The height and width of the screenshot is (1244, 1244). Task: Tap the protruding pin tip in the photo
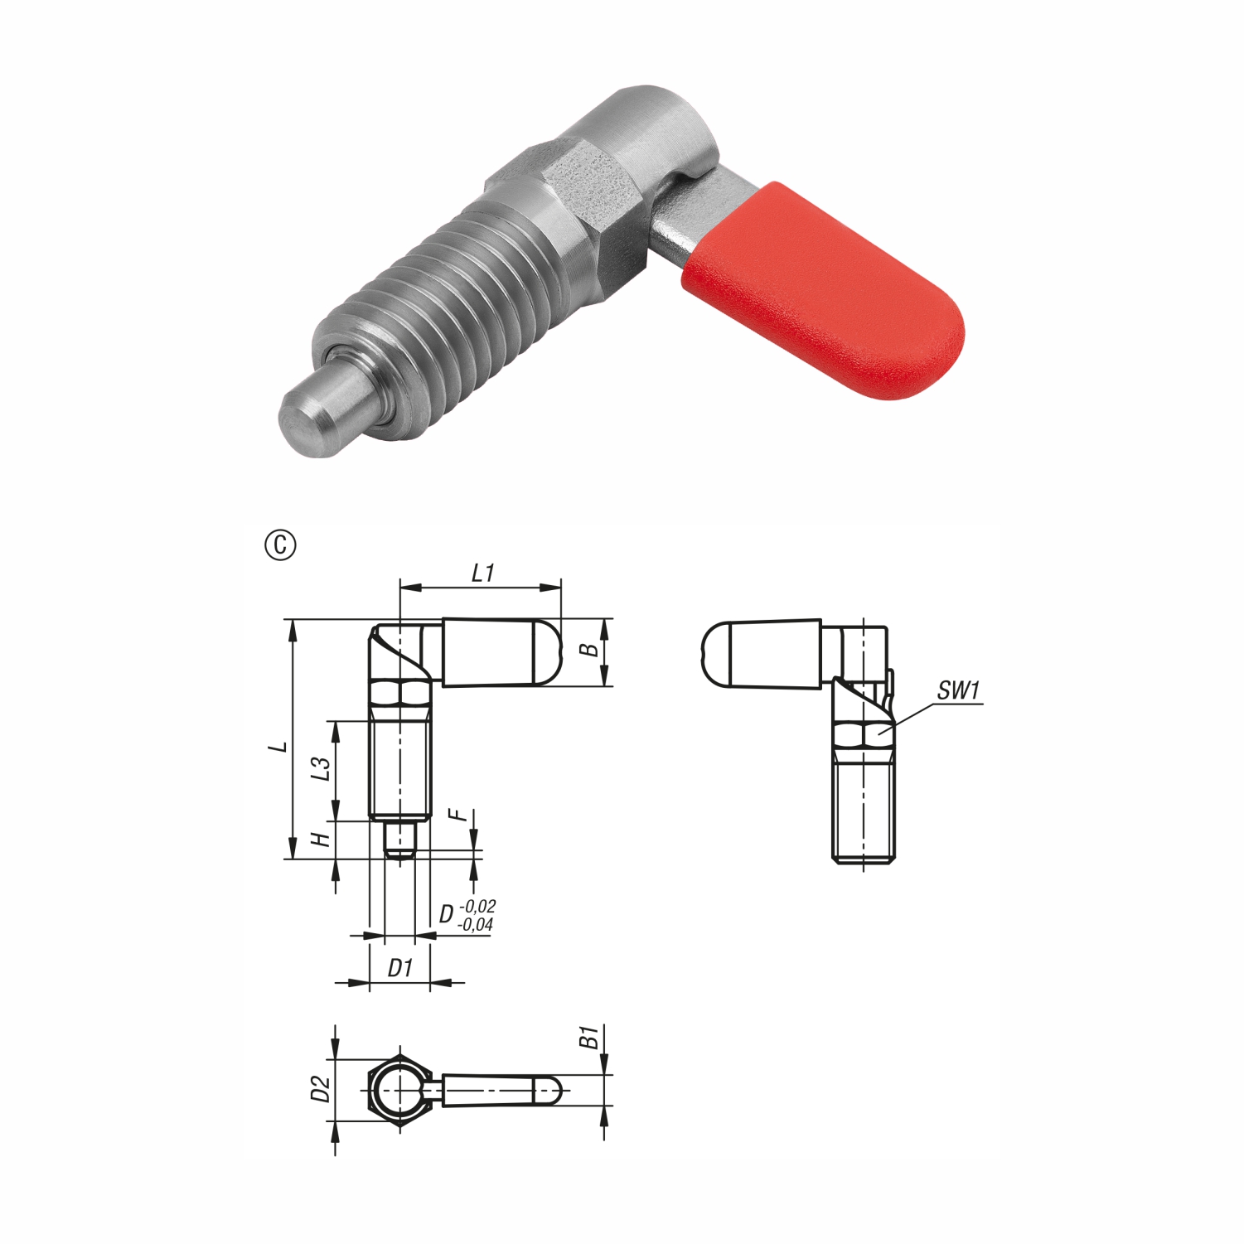click(x=318, y=411)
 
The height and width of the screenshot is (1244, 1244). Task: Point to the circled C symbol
click(x=280, y=545)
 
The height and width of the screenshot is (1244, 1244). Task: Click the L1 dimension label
click(x=482, y=573)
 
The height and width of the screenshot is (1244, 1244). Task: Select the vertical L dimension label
click(x=282, y=747)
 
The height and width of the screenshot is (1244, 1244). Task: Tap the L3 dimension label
click(x=321, y=768)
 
